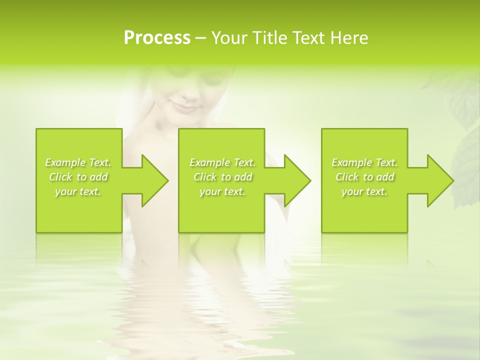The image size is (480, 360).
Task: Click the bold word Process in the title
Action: point(157,38)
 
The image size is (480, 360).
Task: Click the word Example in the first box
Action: point(65,162)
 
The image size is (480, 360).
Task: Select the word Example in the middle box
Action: point(209,162)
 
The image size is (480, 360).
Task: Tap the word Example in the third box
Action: point(351,162)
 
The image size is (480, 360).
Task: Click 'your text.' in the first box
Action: point(78,191)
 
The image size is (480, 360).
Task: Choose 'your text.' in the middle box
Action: point(222,191)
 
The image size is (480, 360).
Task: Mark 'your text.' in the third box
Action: point(364,191)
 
